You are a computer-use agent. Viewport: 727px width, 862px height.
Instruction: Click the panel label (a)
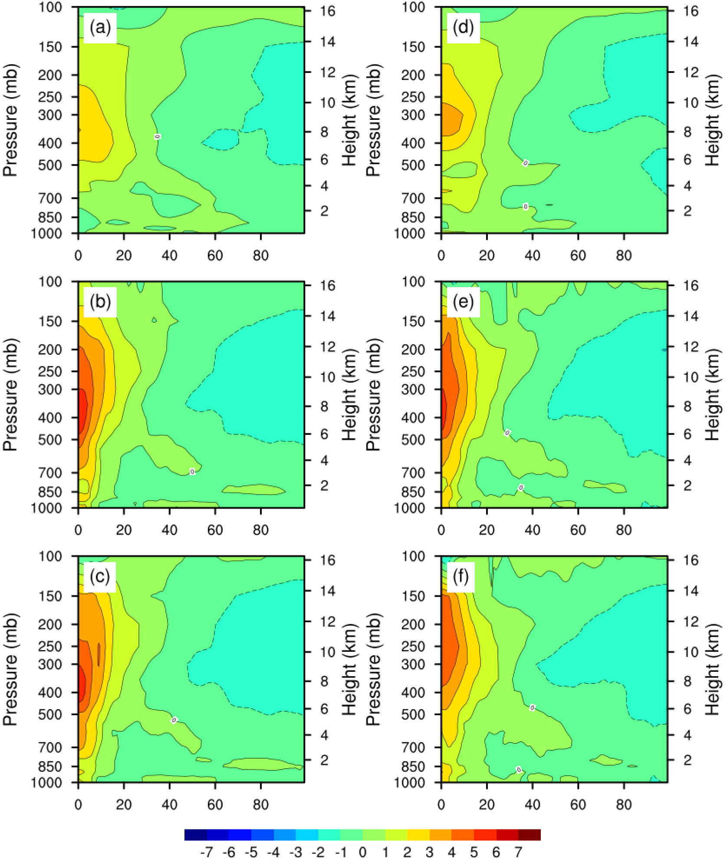[x=100, y=28]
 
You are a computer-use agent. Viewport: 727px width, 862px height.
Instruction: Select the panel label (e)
[x=463, y=302]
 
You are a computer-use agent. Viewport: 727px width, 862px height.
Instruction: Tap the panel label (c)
[x=100, y=577]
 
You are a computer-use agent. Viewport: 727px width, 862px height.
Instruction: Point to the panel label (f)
[x=461, y=577]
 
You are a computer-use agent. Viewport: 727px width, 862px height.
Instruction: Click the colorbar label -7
[x=206, y=852]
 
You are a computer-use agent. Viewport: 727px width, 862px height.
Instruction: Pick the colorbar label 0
[x=363, y=852]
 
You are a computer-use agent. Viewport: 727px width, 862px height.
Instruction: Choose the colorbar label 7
[x=519, y=852]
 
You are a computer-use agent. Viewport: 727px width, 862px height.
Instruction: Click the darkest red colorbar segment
[x=530, y=835]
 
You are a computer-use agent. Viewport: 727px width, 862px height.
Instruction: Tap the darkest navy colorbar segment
[x=196, y=835]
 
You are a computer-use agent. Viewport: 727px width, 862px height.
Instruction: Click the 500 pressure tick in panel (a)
[x=50, y=165]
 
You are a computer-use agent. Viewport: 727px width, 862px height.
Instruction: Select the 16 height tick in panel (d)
[x=691, y=11]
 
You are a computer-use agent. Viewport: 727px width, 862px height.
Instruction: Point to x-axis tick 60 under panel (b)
[x=215, y=530]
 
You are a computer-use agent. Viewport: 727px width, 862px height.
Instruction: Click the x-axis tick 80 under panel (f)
[x=624, y=804]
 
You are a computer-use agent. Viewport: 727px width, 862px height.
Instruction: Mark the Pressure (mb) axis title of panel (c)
[x=10, y=669]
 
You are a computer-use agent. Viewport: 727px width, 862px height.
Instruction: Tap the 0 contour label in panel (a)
[x=158, y=136]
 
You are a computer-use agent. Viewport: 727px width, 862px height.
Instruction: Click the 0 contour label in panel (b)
[x=192, y=472]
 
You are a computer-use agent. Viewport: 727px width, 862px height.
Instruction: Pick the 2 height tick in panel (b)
[x=324, y=485]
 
